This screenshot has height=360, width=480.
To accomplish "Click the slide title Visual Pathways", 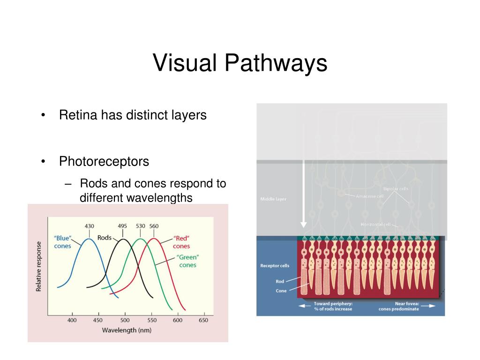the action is [240, 63].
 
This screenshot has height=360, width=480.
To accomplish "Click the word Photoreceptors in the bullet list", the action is [104, 162].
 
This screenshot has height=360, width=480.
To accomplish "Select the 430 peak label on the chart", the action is [89, 226].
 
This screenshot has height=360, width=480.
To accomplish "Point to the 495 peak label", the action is [122, 226].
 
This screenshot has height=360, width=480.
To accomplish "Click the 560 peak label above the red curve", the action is [154, 226].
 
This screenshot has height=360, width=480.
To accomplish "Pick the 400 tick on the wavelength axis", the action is [72, 320].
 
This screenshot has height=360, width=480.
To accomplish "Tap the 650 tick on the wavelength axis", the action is [203, 320].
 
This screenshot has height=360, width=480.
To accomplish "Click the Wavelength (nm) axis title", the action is [127, 330].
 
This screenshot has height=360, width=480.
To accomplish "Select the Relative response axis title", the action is [39, 266].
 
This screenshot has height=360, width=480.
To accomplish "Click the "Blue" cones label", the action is [62, 242].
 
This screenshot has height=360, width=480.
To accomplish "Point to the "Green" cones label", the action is [187, 261].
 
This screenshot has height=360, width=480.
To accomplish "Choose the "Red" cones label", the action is [181, 242].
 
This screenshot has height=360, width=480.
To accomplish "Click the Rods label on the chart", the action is [104, 238].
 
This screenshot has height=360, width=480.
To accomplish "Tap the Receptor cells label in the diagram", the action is [275, 266].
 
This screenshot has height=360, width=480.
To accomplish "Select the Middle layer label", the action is [273, 199].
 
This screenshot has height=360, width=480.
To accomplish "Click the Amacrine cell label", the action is [370, 196].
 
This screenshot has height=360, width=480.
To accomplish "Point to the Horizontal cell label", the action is [375, 225].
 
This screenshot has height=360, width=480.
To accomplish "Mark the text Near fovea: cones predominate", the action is [399, 306].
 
